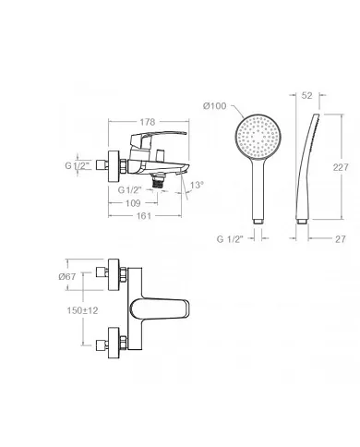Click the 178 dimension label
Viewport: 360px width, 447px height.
coord(148,122)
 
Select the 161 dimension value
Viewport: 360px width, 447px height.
coord(144,216)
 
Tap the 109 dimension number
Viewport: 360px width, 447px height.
coord(133,203)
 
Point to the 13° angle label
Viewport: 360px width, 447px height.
coord(197,186)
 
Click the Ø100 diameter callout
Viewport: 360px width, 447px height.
coord(215,106)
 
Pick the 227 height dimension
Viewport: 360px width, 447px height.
coord(341,167)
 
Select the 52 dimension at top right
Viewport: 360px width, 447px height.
coord(306,95)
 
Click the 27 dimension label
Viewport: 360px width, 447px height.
coord(341,239)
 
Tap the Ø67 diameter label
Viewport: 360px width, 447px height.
coord(67,276)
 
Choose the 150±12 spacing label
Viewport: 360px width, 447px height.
coord(82,310)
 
